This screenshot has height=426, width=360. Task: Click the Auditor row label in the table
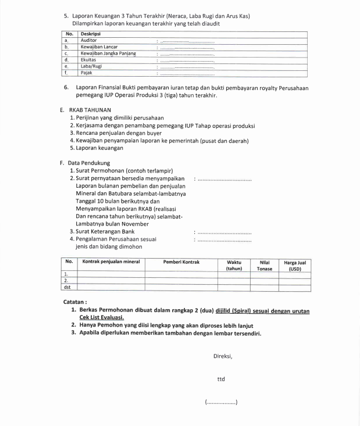[89, 41]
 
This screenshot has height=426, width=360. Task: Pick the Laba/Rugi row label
[91, 66]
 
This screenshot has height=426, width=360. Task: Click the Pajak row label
[86, 73]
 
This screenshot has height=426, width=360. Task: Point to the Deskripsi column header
[91, 34]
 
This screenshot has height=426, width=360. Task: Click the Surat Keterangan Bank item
[106, 231]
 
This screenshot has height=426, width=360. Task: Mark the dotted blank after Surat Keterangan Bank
[224, 232]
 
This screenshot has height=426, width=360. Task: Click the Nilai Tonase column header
[265, 265]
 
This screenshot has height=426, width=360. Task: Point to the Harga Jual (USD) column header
[294, 265]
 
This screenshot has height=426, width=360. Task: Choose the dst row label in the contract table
[67, 287]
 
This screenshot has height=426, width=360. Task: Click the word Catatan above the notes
[75, 302]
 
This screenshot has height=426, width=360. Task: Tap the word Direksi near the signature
[223, 356]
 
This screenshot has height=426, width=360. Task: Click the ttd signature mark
[221, 380]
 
